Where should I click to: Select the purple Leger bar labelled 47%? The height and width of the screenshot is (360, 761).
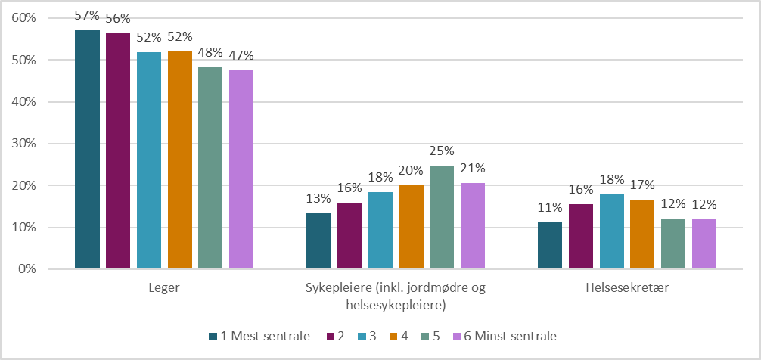click(241, 169)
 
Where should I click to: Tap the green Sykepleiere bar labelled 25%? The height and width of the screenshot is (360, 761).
click(442, 217)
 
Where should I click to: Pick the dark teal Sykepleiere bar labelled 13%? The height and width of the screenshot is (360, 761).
click(318, 241)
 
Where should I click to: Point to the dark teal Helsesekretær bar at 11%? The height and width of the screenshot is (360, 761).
click(550, 246)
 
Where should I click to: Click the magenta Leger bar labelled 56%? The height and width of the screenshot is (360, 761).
click(118, 151)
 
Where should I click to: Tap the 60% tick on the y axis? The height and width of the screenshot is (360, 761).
click(25, 18)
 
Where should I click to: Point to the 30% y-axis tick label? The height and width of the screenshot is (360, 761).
click(25, 144)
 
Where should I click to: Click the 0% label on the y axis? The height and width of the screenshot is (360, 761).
click(28, 269)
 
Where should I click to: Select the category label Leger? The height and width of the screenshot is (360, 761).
click(165, 288)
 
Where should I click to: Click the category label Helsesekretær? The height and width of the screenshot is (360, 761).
click(626, 288)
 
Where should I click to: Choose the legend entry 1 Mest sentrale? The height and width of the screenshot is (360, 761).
click(266, 335)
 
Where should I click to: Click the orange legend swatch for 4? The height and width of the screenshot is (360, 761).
click(393, 335)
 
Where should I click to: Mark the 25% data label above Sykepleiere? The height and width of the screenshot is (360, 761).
click(442, 151)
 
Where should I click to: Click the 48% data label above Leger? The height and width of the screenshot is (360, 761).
click(210, 53)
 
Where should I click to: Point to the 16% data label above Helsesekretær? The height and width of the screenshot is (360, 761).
click(581, 190)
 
